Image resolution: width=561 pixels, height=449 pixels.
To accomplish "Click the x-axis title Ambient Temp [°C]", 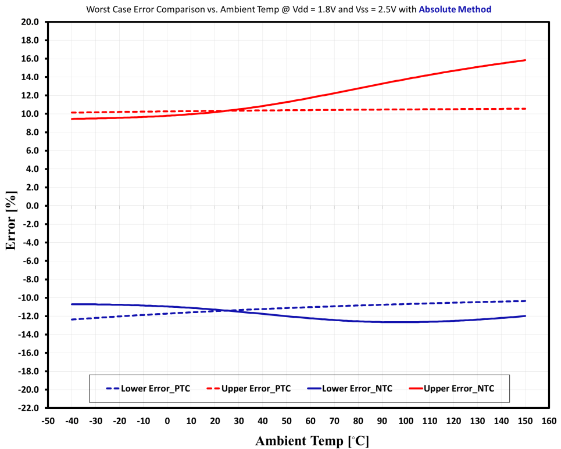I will [312, 440].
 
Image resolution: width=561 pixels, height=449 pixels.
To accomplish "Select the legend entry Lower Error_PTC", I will [148, 388].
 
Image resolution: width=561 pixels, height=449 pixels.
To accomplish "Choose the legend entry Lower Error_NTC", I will [349, 388].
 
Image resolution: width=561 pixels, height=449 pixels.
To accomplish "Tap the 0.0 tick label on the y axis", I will [32, 206].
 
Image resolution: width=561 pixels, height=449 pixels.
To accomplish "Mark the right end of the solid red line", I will [526, 60].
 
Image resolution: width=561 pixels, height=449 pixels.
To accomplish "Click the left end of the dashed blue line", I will [71, 319].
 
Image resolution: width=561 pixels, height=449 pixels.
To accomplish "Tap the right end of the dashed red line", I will [526, 109].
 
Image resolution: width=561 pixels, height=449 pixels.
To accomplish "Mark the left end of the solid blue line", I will [71, 304].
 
